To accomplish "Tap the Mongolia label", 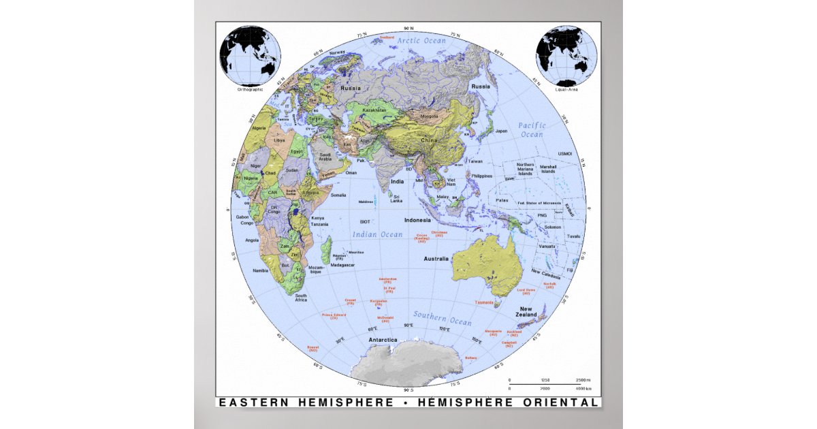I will pyautogui.click(x=430, y=116).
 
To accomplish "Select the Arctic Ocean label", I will pyautogui.click(x=422, y=41).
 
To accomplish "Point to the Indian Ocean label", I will pyautogui.click(x=377, y=234).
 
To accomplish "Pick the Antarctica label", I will pyautogui.click(x=383, y=339).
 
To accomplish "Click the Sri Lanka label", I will pyautogui.click(x=396, y=198).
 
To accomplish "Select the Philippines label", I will pyautogui.click(x=481, y=176).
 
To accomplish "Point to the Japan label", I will pyautogui.click(x=501, y=131).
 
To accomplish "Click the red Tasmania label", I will pyautogui.click(x=484, y=302).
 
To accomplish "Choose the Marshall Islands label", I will pyautogui.click(x=548, y=169).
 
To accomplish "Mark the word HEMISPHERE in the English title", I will pyautogui.click(x=345, y=402).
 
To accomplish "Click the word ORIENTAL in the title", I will pyautogui.click(x=563, y=402).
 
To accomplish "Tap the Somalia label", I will pyautogui.click(x=338, y=195).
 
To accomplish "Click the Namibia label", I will pyautogui.click(x=260, y=270).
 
